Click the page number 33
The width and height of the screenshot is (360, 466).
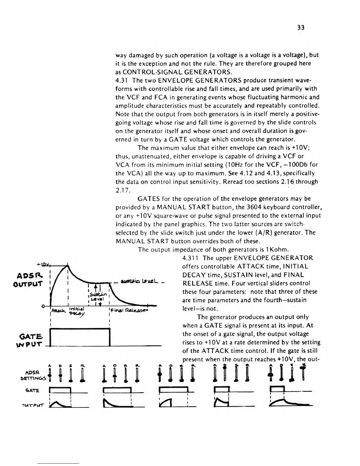pyautogui.click(x=301, y=28)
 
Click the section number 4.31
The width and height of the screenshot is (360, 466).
pyautogui.click(x=122, y=80)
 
